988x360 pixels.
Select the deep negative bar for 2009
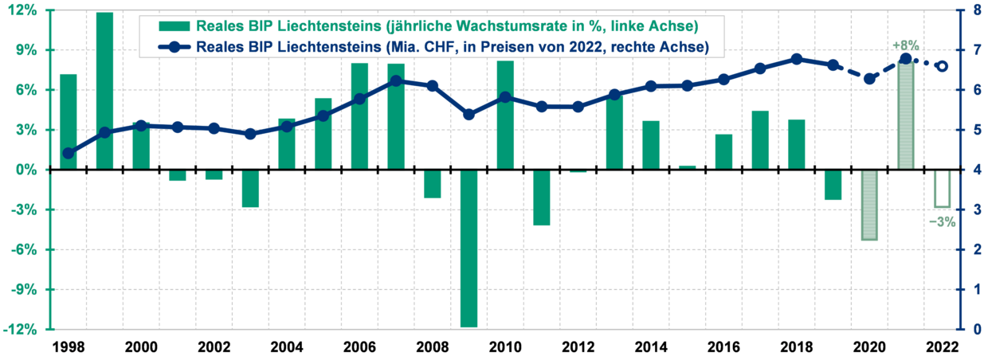click(x=469, y=248)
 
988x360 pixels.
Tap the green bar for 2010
click(x=505, y=115)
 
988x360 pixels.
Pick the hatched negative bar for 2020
click(x=869, y=205)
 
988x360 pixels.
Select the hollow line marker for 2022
click(x=942, y=66)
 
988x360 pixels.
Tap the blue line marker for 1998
click(x=69, y=153)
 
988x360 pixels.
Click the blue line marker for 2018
click(x=797, y=59)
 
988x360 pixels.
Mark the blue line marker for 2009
click(x=469, y=115)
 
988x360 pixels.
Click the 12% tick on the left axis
click(x=24, y=10)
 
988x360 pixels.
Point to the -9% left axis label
click(x=24, y=290)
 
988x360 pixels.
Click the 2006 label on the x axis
click(x=359, y=347)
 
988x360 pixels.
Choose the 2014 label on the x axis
click(x=651, y=347)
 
